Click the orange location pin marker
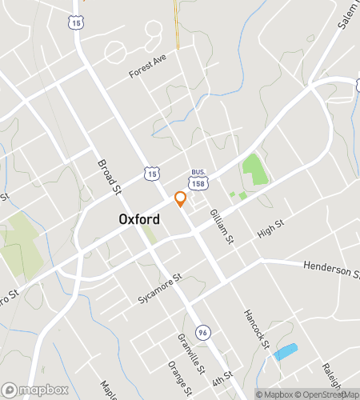pos(181,199)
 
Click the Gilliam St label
pos(221,226)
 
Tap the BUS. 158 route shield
pos(198,177)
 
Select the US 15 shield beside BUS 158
pos(152,172)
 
